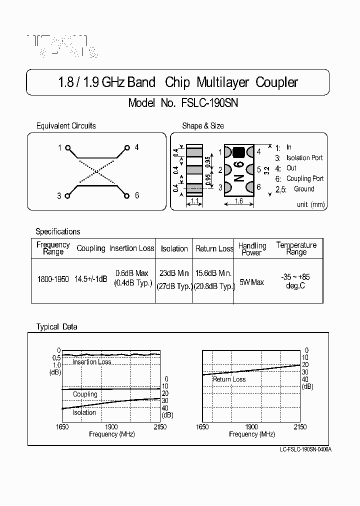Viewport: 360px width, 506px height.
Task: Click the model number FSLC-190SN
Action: [x=209, y=103]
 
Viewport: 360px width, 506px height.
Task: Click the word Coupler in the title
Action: [x=276, y=82]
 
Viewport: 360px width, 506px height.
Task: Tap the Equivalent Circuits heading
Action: [x=66, y=126]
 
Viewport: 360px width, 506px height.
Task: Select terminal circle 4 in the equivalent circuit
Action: [x=127, y=147]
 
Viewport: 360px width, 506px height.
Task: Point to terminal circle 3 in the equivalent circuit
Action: [x=68, y=195]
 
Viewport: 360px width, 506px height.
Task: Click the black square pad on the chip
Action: [x=238, y=152]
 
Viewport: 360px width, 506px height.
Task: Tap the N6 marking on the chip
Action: [x=239, y=171]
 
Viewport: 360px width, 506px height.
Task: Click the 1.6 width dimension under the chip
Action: [x=238, y=201]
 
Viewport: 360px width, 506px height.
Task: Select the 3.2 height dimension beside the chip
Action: [x=266, y=170]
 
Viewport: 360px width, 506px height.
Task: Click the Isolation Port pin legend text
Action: [x=304, y=158]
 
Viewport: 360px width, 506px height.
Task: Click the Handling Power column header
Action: [x=252, y=249]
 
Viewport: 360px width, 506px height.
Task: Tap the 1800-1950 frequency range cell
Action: [x=53, y=279]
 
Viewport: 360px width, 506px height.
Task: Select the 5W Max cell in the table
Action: [x=251, y=282]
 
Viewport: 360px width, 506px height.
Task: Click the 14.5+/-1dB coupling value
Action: [x=90, y=279]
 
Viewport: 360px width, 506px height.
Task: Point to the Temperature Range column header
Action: [x=296, y=248]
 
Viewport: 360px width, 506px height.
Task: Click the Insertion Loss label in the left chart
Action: [x=92, y=362]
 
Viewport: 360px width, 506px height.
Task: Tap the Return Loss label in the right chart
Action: [x=229, y=379]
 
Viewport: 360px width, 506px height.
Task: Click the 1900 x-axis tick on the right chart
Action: [x=251, y=427]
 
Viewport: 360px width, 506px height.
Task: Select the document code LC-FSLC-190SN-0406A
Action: [x=305, y=448]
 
